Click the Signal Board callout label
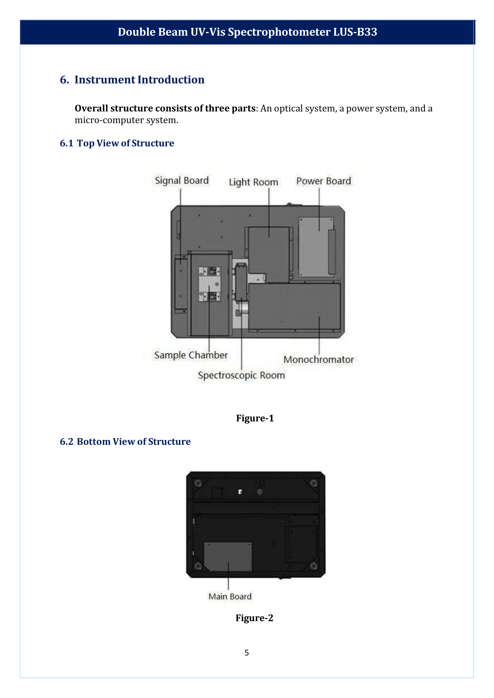click(181, 181)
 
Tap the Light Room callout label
click(253, 182)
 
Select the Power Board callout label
click(323, 181)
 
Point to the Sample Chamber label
click(191, 355)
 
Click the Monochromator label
click(318, 360)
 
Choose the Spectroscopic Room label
click(241, 375)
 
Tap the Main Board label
click(230, 597)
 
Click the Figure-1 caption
click(255, 418)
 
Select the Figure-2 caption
click(254, 618)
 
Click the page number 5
click(247, 653)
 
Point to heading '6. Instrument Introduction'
click(132, 80)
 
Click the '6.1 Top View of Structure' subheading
click(117, 143)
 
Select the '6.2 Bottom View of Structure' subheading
click(125, 442)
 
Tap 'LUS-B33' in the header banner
click(355, 32)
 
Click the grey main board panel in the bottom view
click(227, 556)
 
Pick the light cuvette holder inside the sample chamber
click(209, 284)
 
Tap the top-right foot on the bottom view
click(314, 483)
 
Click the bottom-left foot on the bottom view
click(198, 566)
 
